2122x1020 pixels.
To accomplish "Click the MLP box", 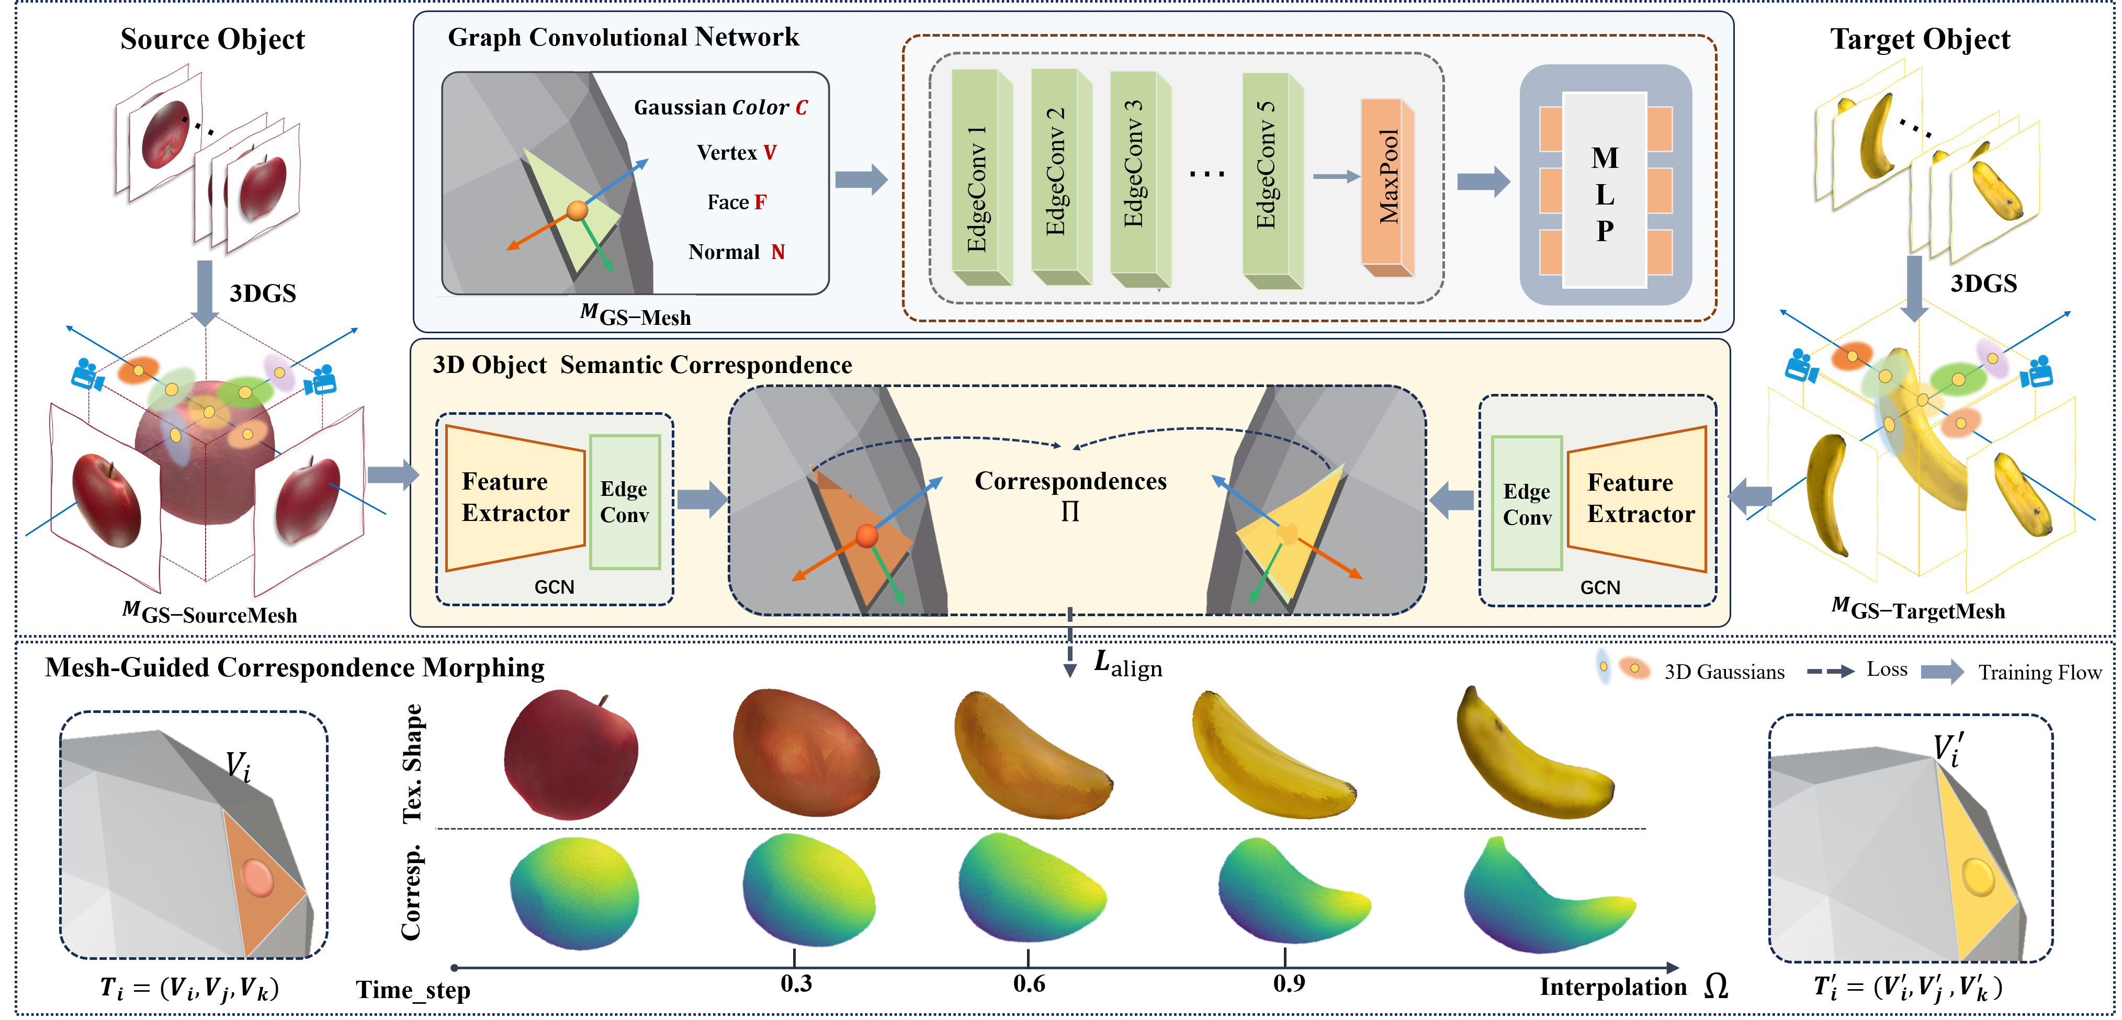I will tap(1605, 189).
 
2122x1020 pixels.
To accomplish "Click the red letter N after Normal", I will tap(777, 252).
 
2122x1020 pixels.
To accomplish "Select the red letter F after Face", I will tap(760, 202).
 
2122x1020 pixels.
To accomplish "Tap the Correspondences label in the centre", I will tap(1070, 481).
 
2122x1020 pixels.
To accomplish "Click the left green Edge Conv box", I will tap(624, 502).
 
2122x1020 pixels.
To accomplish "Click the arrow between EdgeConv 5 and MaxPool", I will tap(1335, 176).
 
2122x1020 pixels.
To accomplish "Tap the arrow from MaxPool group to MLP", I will tap(1483, 182).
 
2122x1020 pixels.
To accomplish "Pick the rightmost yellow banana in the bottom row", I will tap(1532, 758).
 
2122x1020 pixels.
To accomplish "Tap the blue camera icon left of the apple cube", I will tap(86, 375).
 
